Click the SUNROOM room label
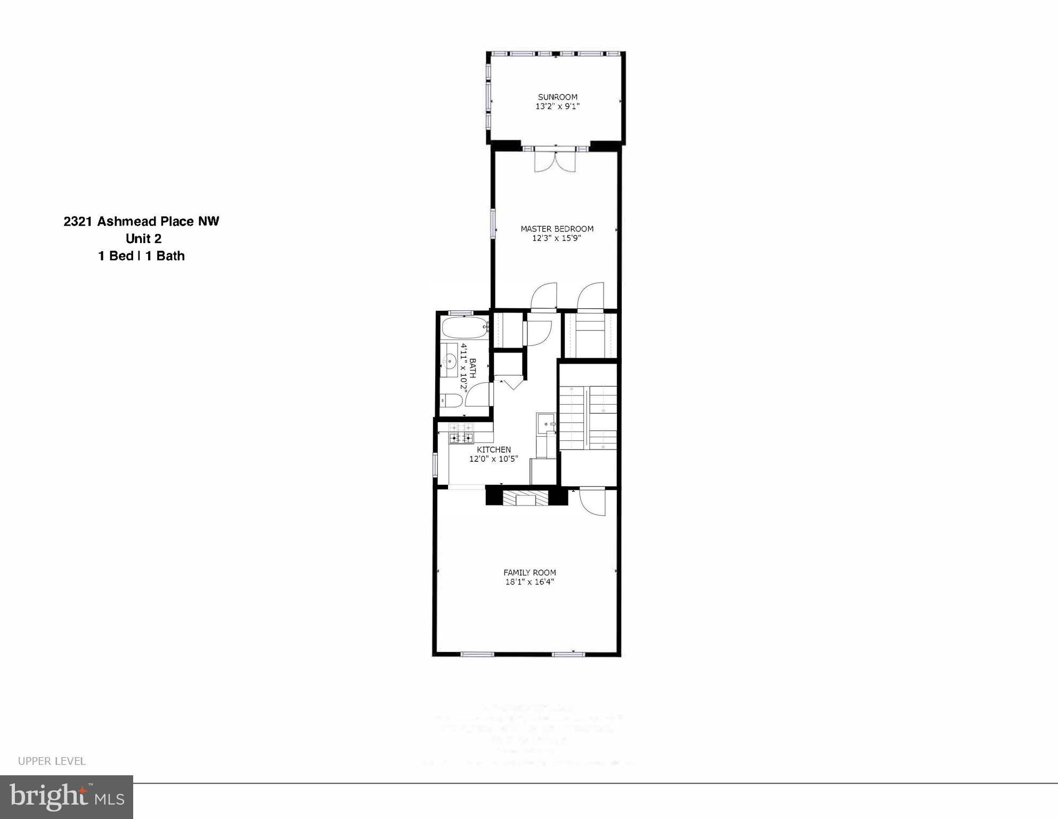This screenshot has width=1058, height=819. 557,97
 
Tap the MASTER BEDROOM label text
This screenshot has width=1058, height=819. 557,229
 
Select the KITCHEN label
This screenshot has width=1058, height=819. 494,449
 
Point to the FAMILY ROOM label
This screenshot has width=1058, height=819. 530,573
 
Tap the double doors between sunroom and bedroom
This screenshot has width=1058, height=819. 555,161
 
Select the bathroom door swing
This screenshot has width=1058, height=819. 478,395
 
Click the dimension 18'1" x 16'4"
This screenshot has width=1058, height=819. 530,582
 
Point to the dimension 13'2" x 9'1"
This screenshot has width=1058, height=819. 557,106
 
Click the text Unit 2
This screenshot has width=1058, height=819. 143,238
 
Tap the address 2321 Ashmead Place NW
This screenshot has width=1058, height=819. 141,221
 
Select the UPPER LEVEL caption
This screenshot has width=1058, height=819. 52,761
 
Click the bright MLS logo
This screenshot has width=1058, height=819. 67,797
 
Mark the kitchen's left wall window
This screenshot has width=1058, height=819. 435,463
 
